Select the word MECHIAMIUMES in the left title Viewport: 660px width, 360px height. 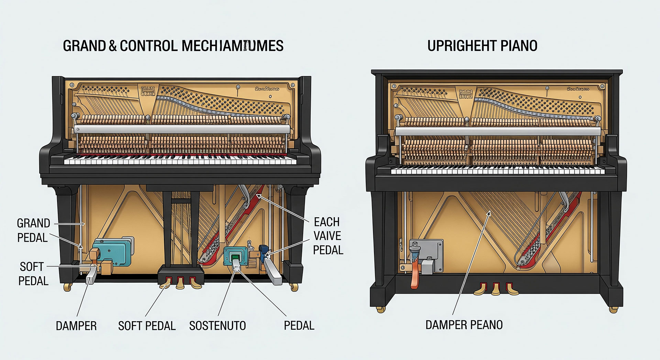click(232, 46)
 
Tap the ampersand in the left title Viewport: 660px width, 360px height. click(113, 46)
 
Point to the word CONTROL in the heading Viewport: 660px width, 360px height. click(149, 46)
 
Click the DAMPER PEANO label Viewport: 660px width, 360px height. click(464, 325)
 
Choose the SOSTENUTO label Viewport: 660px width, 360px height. click(217, 326)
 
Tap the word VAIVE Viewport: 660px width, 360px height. click(327, 236)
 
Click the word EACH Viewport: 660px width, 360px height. click(327, 222)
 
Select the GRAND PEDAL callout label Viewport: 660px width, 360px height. click(33, 230)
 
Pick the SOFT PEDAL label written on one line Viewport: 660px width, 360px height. click(147, 326)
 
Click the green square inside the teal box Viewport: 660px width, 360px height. click(235, 257)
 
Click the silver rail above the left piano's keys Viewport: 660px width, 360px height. click(182, 129)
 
